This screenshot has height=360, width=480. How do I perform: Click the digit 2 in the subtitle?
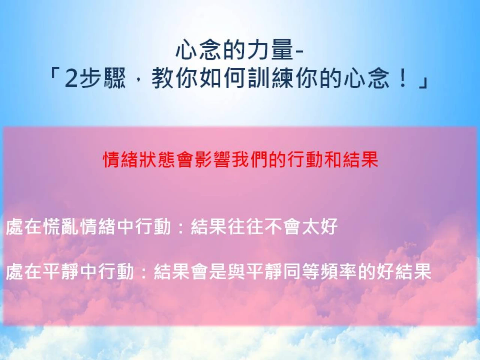point(71,78)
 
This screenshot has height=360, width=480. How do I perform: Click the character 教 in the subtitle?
point(162,78)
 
